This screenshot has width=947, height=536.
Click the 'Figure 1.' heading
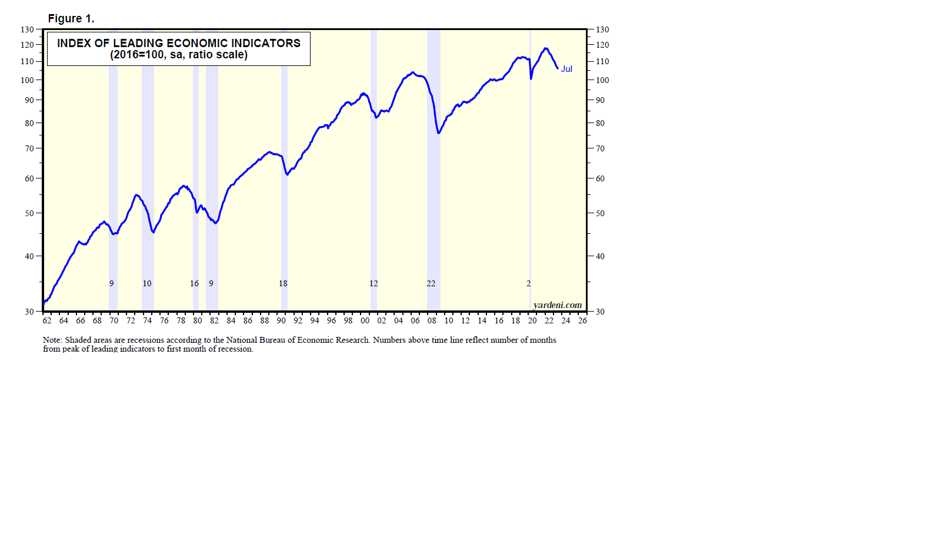(x=71, y=19)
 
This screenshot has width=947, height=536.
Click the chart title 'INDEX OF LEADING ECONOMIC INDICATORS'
(x=178, y=43)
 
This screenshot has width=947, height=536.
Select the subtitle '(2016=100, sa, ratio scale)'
(x=178, y=55)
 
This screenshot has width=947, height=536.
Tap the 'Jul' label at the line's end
(x=566, y=69)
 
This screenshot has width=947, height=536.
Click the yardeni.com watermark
(x=557, y=305)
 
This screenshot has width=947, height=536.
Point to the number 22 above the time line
(x=431, y=284)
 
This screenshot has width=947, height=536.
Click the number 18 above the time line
(x=283, y=284)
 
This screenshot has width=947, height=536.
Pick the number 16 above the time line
(x=194, y=284)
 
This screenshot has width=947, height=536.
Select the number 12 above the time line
(x=374, y=284)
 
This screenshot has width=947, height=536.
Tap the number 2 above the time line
(x=528, y=284)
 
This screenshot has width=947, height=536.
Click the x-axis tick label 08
(x=432, y=321)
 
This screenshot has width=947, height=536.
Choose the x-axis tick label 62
(x=47, y=321)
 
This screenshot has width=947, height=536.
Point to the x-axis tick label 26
(x=582, y=321)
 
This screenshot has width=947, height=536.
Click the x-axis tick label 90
(x=281, y=321)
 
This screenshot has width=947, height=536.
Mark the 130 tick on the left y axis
(x=28, y=29)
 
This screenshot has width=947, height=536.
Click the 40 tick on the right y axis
(x=600, y=256)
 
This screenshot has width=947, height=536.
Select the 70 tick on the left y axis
(x=29, y=149)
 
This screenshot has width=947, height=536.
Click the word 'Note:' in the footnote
(x=52, y=340)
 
